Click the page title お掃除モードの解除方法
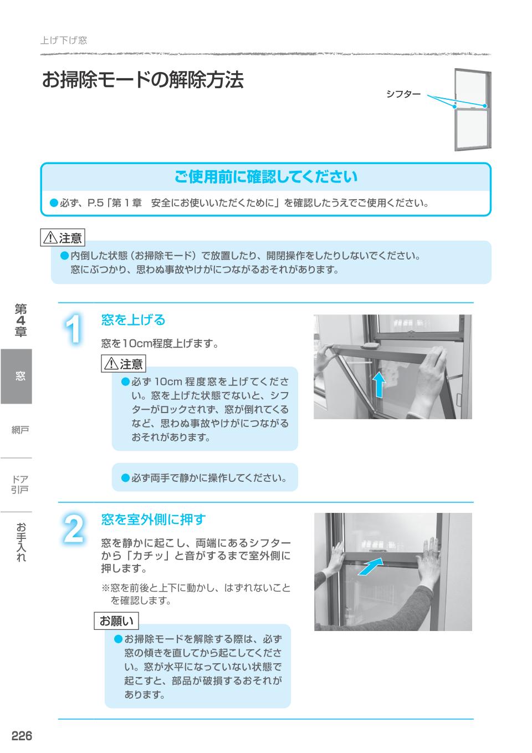tap(142, 80)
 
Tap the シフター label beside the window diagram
tap(403, 94)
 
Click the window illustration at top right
tap(472, 110)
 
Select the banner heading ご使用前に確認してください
tap(266, 177)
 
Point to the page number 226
tap(22, 736)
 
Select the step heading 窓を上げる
tap(133, 320)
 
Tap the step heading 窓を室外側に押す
tap(153, 520)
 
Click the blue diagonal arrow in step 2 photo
tap(370, 567)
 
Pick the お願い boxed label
tap(116, 621)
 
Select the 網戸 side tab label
tap(20, 430)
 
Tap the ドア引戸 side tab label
tap(20, 484)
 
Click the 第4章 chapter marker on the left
tap(21, 320)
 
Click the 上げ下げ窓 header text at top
tap(64, 40)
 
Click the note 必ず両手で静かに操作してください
tap(204, 477)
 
